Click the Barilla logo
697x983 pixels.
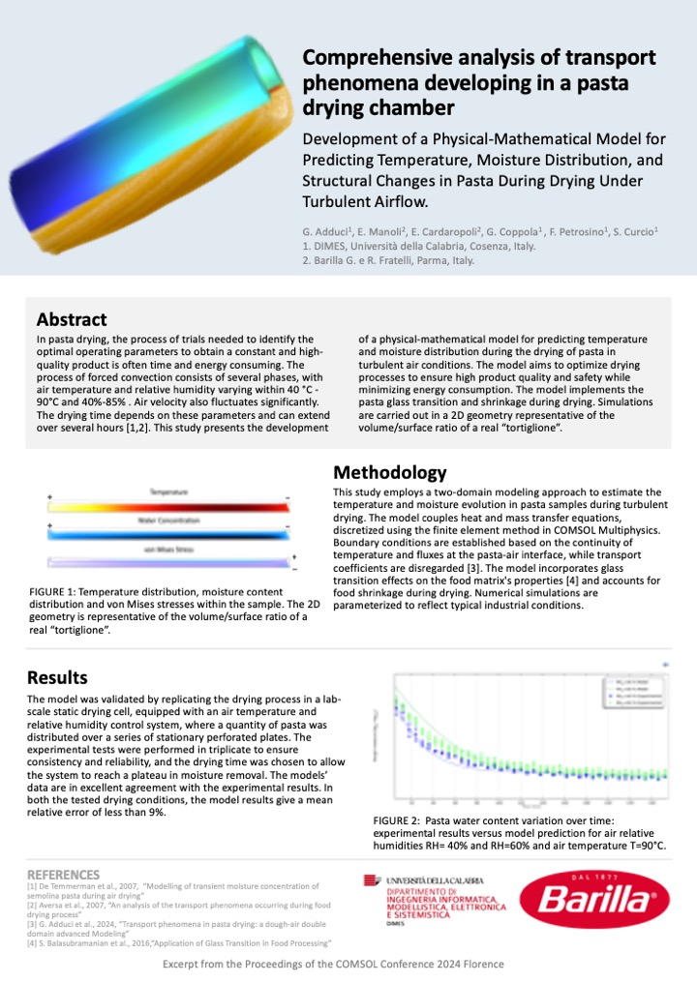coord(594,903)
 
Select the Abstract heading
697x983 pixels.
coord(72,319)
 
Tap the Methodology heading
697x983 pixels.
coord(389,473)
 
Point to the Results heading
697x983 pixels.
coord(57,676)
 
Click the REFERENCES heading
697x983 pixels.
coord(63,874)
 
